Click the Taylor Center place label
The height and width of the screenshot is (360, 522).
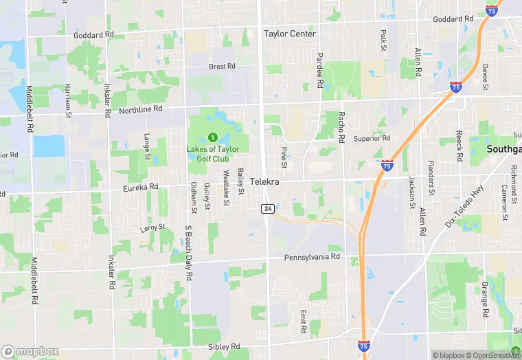(x=290, y=34)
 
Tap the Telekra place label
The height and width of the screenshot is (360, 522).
(x=266, y=182)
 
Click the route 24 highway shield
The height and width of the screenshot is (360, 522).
(x=267, y=207)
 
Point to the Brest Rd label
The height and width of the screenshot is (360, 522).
(x=222, y=67)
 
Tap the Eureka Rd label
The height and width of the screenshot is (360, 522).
(x=140, y=186)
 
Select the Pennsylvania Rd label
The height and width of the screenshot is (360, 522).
(x=313, y=257)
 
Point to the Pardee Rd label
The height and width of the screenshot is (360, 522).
(x=319, y=70)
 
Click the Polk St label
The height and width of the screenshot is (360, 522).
(x=384, y=39)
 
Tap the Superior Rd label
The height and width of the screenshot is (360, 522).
(x=372, y=138)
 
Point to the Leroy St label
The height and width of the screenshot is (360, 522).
(x=152, y=227)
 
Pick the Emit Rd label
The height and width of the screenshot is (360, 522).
(x=303, y=321)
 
